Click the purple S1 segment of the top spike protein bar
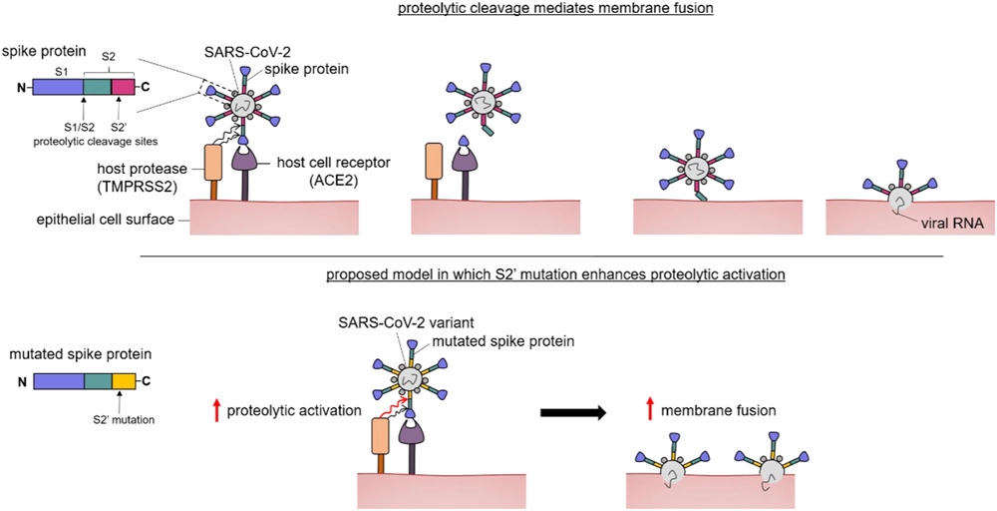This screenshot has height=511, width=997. [58, 88]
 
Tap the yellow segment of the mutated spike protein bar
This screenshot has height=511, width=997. [123, 380]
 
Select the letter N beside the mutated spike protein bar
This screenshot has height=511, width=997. [21, 381]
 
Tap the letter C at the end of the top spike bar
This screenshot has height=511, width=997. [147, 88]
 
